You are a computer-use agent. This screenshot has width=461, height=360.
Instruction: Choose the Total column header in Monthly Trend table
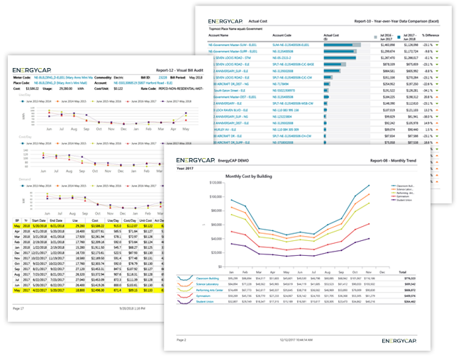pyautogui.click(x=402, y=272)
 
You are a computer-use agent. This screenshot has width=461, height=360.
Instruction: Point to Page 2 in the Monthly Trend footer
pyautogui.click(x=172, y=341)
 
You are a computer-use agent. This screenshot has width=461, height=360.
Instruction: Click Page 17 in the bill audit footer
pyautogui.click(x=20, y=309)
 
